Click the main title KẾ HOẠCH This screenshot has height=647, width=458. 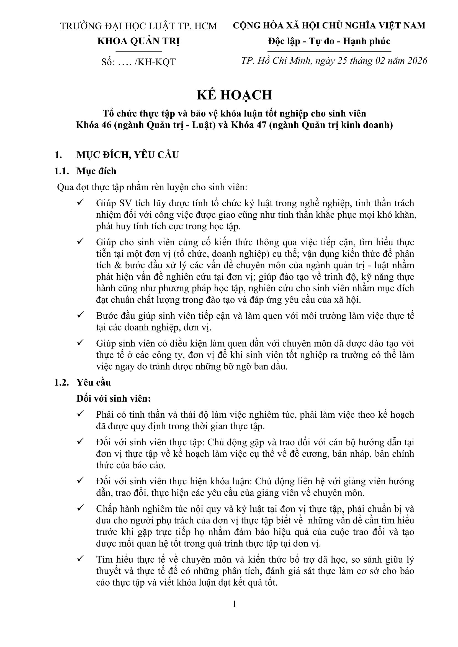pyautogui.click(x=234, y=95)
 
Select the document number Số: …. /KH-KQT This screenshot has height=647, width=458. pyautogui.click(x=138, y=62)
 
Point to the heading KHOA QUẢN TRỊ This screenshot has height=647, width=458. pyautogui.click(x=138, y=41)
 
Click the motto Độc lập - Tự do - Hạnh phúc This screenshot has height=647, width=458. pyautogui.click(x=329, y=41)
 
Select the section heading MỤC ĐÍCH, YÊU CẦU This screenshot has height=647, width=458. pyautogui.click(x=127, y=155)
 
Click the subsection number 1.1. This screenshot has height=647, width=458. pyautogui.click(x=61, y=171)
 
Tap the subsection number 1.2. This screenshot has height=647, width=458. pyautogui.click(x=61, y=382)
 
